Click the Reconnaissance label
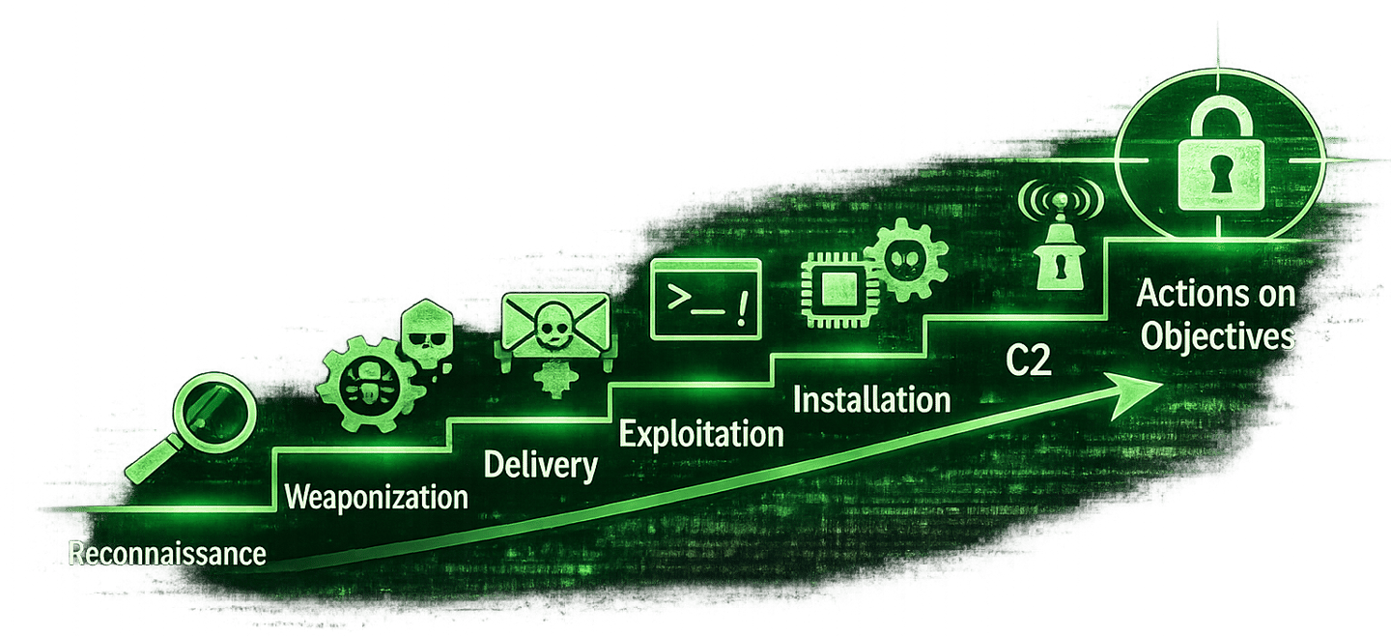coord(167,554)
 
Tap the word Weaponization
coord(377,498)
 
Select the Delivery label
coord(540,465)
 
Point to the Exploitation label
coord(700,433)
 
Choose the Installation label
coord(871,398)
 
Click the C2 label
coord(1027,363)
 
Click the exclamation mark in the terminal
coord(741,308)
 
